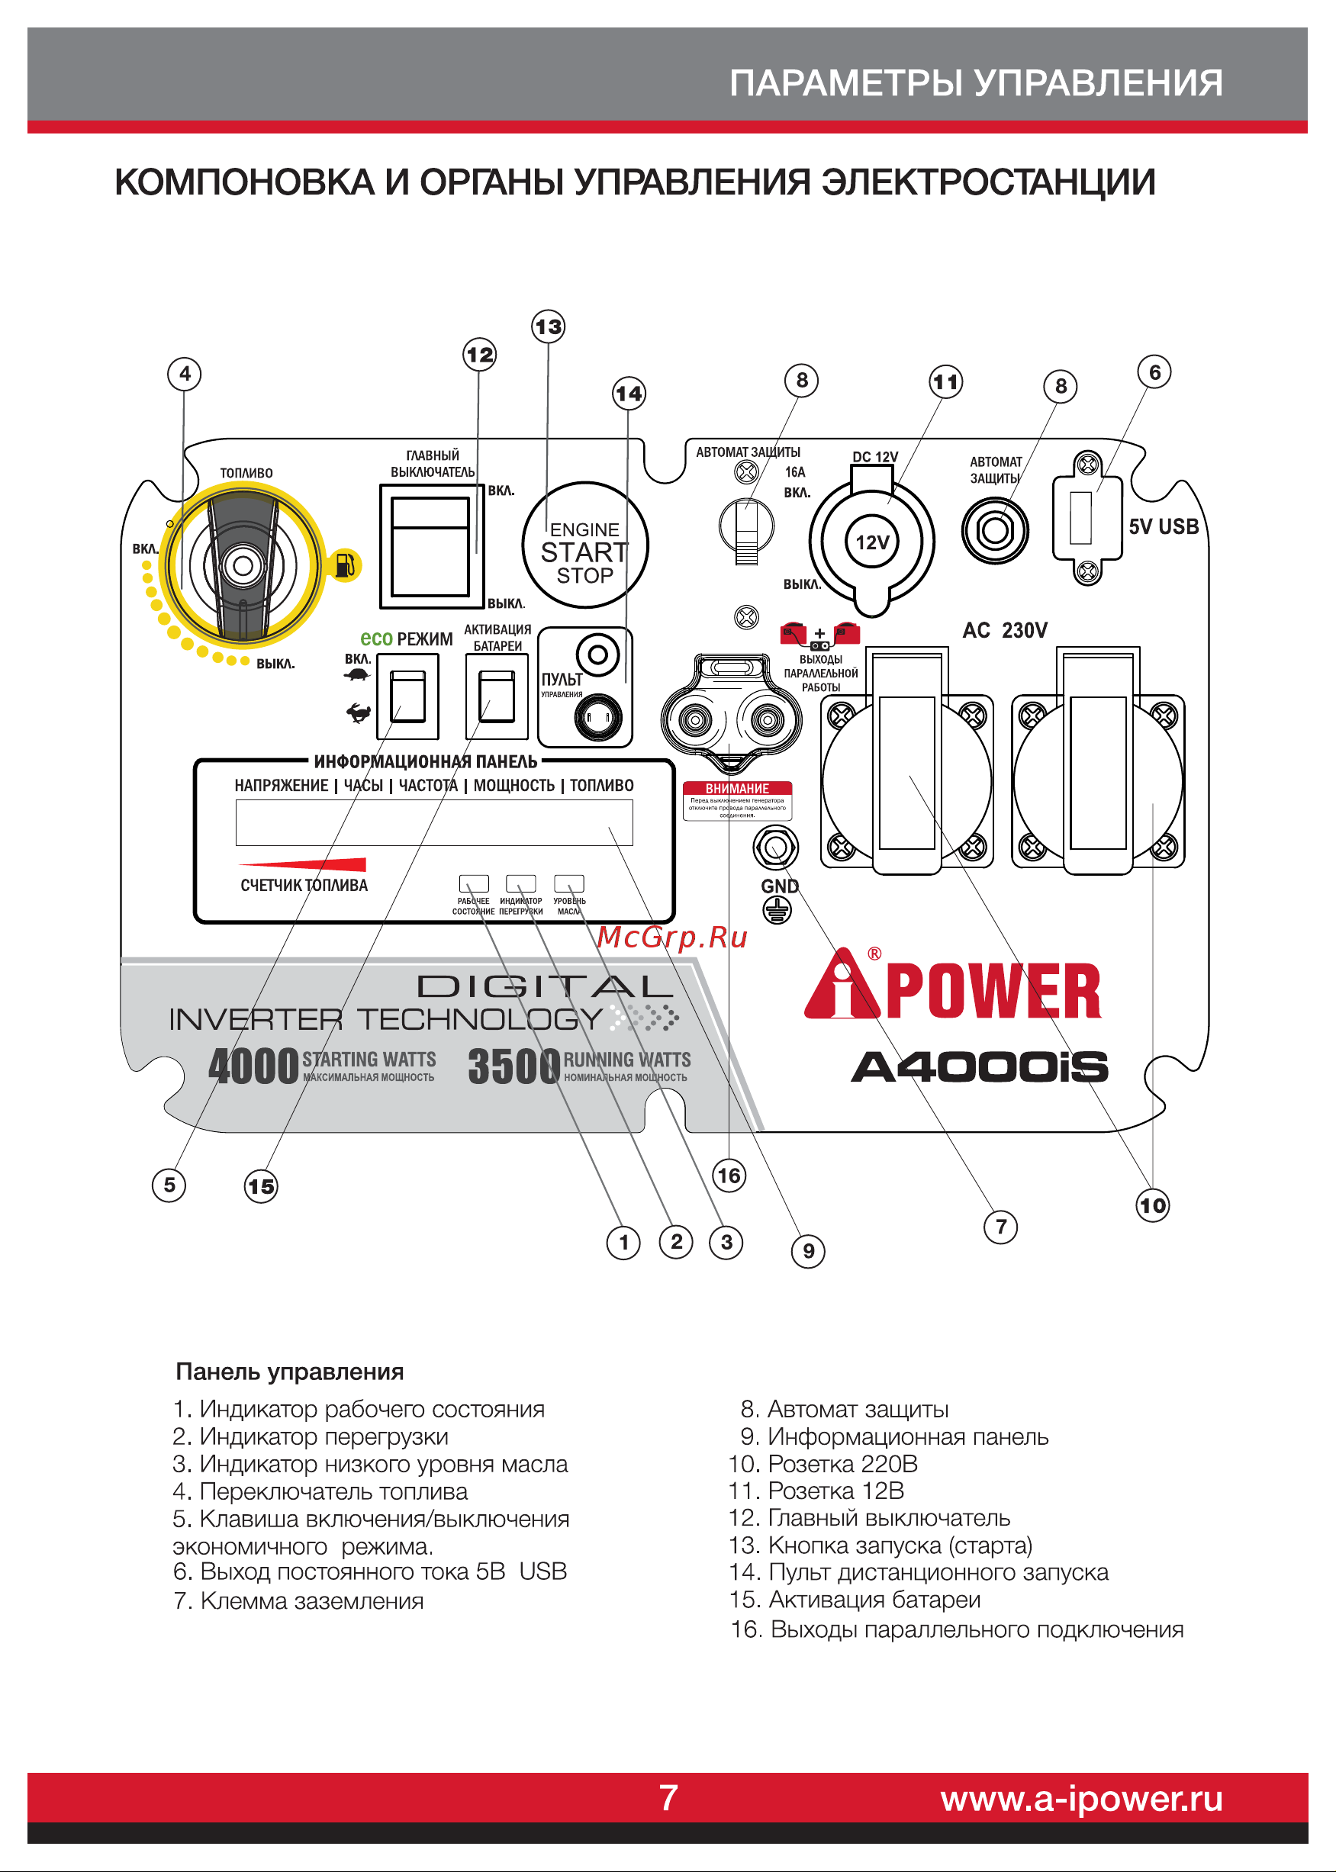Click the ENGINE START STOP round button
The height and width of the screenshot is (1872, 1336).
point(585,545)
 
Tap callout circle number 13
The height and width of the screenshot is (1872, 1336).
point(548,326)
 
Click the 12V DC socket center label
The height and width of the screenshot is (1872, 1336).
point(872,542)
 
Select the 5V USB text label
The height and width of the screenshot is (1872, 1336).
point(1164,526)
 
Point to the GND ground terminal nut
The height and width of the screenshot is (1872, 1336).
point(775,848)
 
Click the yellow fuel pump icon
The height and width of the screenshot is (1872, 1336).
point(345,565)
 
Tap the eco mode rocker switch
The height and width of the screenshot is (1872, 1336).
point(407,696)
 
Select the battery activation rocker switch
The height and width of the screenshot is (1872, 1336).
point(497,696)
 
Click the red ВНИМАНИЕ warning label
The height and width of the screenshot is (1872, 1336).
point(737,788)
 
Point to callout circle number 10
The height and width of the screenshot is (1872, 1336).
point(1153,1206)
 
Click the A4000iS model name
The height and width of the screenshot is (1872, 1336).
point(979,1066)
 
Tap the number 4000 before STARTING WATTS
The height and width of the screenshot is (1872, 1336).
point(253,1066)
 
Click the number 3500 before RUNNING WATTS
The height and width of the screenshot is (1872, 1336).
point(513,1066)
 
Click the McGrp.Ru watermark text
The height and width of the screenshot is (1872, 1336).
point(672,937)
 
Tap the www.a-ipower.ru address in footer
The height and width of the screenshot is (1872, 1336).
point(1081,1799)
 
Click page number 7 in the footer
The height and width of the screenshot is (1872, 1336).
point(668,1798)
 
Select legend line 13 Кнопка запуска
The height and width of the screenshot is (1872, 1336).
point(880,1546)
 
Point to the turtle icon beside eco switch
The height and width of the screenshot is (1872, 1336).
point(357,674)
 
